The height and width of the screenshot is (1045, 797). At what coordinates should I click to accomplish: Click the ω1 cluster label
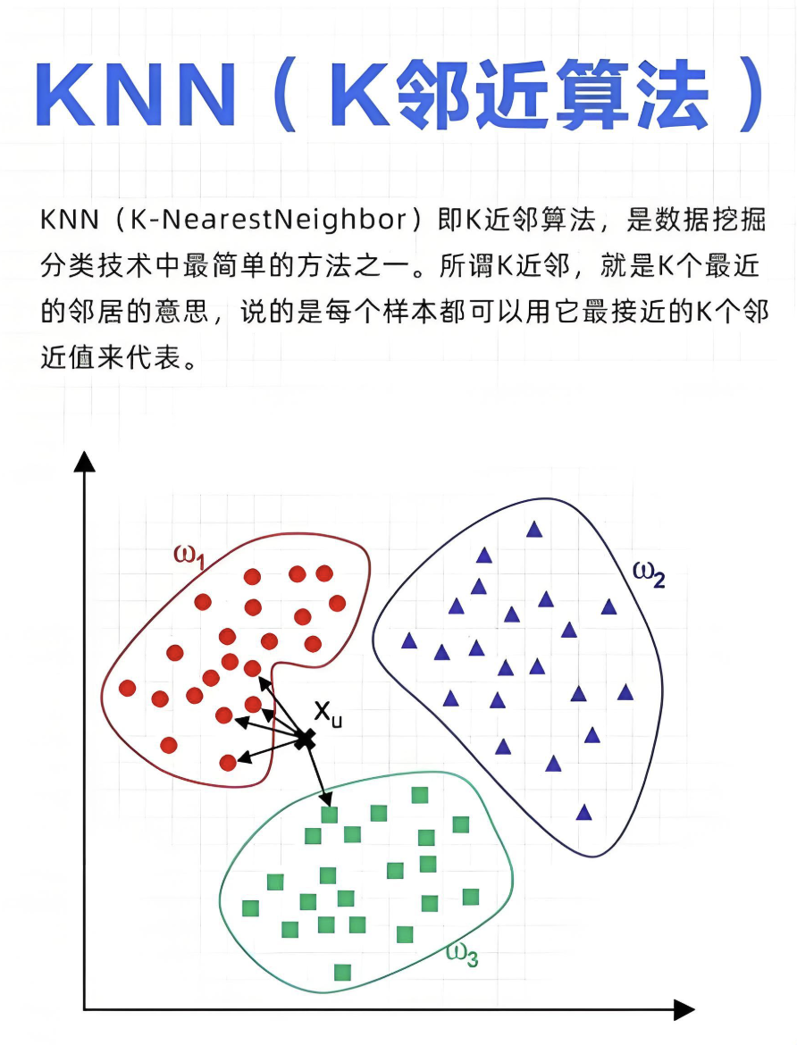[x=189, y=556]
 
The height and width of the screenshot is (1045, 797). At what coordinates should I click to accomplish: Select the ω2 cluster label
[x=649, y=574]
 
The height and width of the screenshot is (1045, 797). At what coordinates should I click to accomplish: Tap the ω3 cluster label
[x=462, y=954]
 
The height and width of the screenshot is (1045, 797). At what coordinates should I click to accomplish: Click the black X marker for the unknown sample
[x=305, y=739]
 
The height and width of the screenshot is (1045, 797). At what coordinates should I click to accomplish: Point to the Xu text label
[x=328, y=714]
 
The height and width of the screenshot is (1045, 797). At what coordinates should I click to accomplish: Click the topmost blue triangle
[x=534, y=529]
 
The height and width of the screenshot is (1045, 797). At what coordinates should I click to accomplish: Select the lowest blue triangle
[x=584, y=812]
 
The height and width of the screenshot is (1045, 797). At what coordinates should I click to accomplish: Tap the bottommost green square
[x=342, y=973]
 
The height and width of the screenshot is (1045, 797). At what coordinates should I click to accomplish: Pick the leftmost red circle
[x=127, y=688]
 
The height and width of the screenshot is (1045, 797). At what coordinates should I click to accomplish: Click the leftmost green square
[x=250, y=907]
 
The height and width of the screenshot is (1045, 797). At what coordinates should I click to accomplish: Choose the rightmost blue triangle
[x=625, y=692]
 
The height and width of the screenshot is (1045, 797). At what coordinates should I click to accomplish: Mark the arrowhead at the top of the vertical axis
[x=85, y=461]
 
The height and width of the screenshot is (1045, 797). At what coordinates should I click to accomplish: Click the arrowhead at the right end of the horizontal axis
[x=684, y=1009]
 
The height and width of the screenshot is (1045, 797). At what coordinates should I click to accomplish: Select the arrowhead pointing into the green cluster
[x=325, y=798]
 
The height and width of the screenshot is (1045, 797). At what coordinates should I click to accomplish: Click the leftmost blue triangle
[x=409, y=641]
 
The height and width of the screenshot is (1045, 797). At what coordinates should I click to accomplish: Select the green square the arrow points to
[x=330, y=815]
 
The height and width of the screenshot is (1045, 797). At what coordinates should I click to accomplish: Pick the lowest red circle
[x=228, y=763]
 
